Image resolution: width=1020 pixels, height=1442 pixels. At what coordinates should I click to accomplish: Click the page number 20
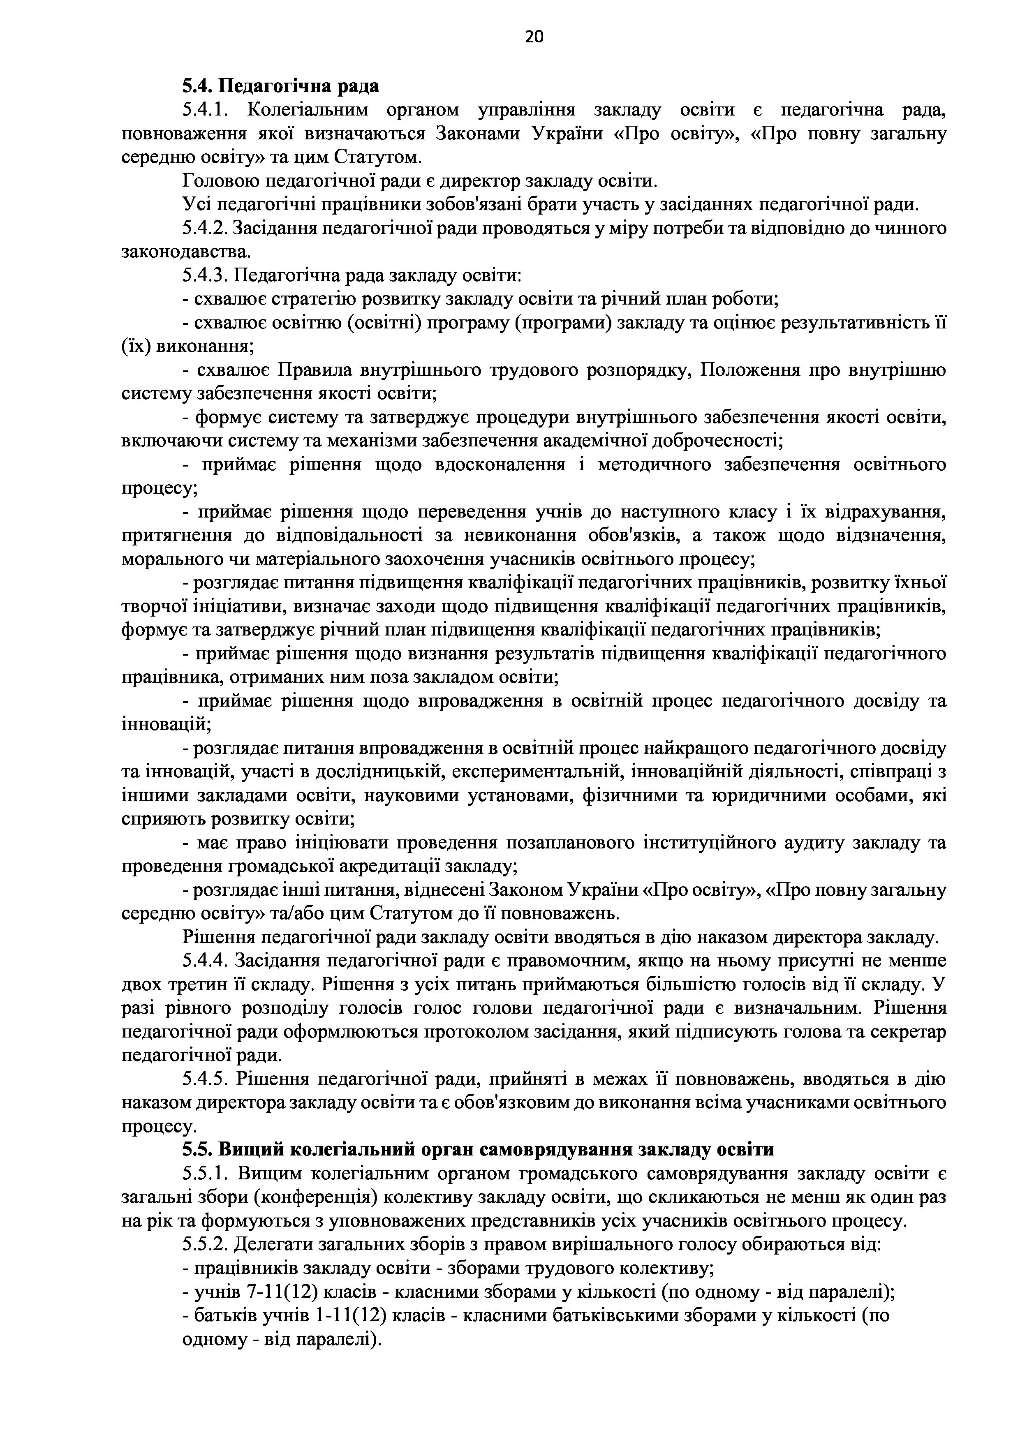tap(534, 37)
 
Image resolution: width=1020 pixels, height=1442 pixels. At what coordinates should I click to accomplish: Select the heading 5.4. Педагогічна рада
tap(281, 86)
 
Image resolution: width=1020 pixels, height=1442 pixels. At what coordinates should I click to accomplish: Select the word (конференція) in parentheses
tap(315, 1197)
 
